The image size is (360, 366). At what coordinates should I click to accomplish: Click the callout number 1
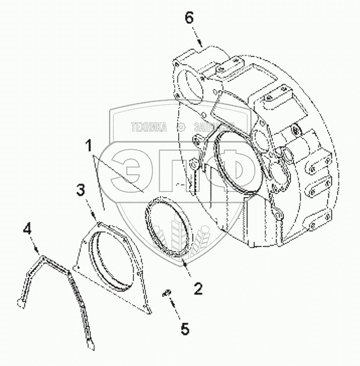point(88,145)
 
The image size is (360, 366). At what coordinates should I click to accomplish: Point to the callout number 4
point(26,227)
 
